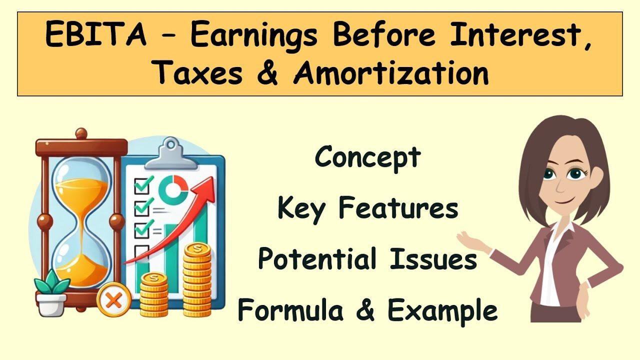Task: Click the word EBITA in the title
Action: point(96,34)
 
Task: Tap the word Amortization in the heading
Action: point(391,72)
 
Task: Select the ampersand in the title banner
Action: point(267,73)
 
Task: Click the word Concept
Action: point(367,157)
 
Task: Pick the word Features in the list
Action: point(398,207)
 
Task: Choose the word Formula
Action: point(290,309)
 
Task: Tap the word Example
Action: point(442,312)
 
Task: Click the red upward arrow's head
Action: point(205,188)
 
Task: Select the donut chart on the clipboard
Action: point(173,190)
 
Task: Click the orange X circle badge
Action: point(113,299)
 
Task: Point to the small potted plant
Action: point(51,293)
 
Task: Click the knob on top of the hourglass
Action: point(81,133)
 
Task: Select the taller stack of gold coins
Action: point(197,280)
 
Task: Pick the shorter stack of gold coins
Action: point(154,294)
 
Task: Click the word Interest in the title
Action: point(520,34)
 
